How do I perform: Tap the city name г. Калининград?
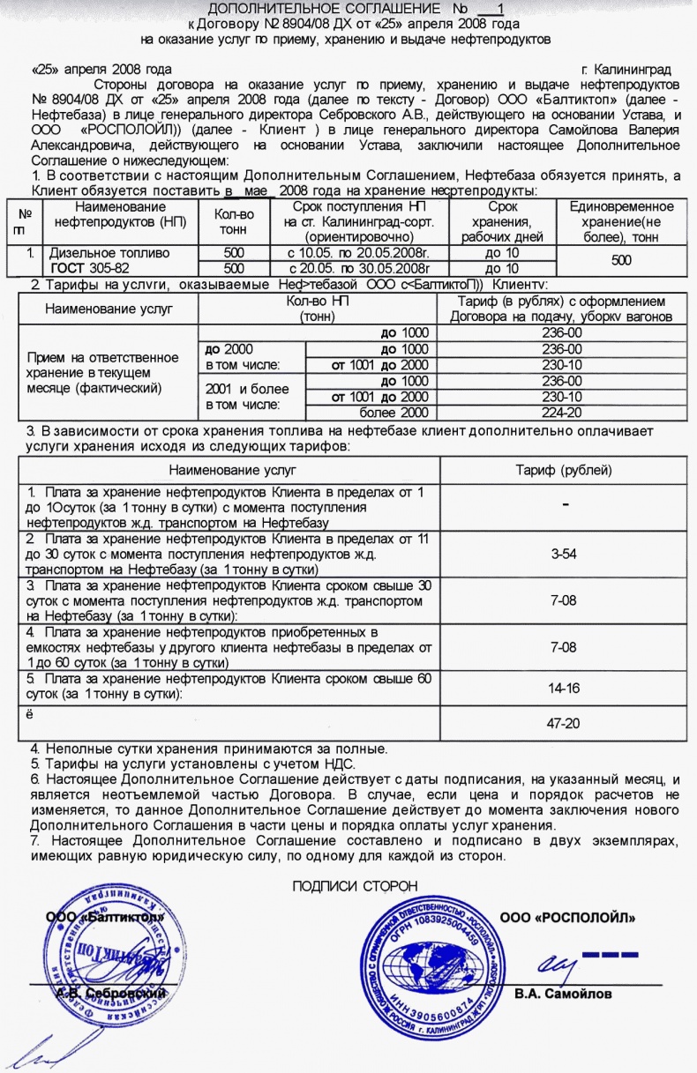626,69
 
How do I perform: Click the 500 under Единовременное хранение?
622,261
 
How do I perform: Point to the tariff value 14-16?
563,688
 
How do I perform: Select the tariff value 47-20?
563,722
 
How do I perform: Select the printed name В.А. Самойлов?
563,994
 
